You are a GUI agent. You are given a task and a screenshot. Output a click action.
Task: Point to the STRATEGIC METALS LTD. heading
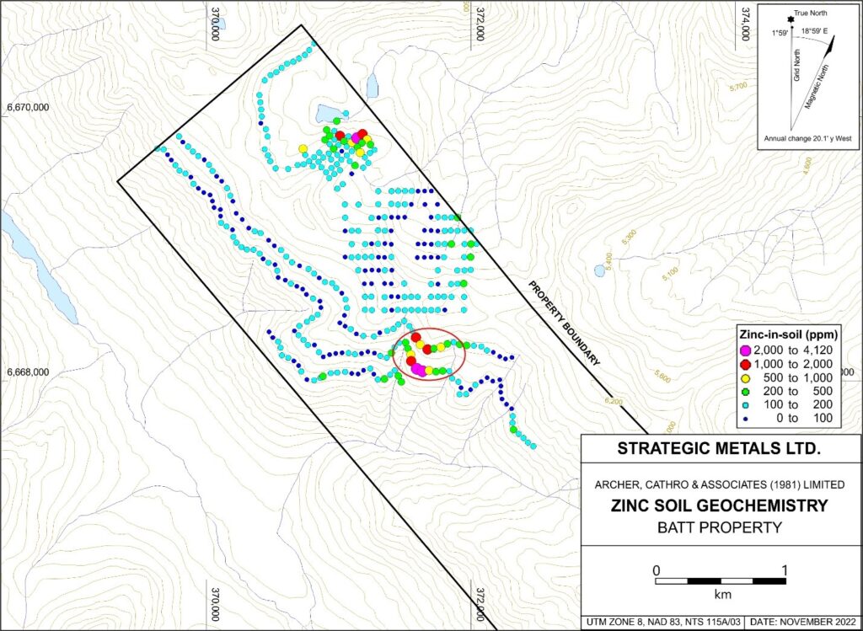(x=719, y=448)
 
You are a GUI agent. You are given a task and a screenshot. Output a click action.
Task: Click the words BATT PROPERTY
(x=719, y=528)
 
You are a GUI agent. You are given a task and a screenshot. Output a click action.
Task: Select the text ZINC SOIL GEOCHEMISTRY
(x=719, y=506)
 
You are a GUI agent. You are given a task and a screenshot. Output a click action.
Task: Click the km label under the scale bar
(x=721, y=593)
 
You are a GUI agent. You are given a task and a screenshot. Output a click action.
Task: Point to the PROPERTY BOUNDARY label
(x=564, y=321)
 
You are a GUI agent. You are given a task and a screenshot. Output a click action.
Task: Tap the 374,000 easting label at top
(x=743, y=24)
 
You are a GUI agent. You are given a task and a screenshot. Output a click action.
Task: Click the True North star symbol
(x=791, y=19)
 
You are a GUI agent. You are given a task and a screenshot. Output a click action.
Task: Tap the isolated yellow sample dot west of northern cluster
(x=303, y=149)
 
